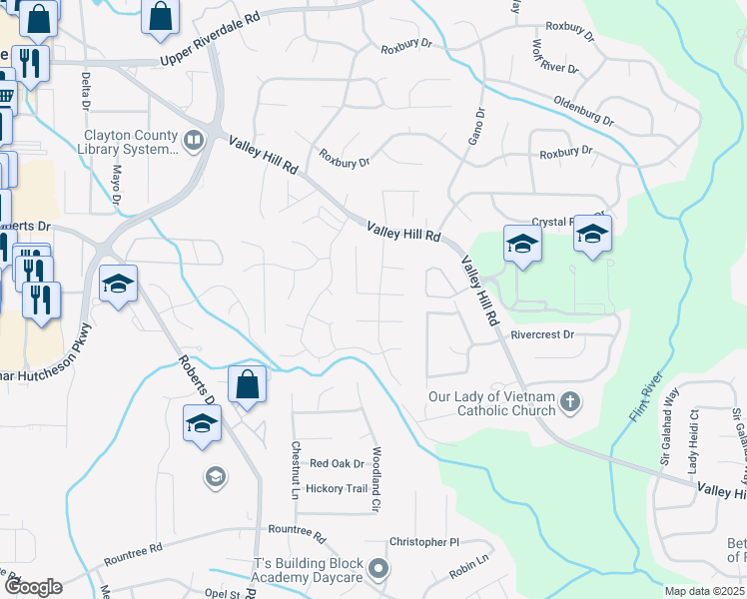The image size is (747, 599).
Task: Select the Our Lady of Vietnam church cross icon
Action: point(570,402)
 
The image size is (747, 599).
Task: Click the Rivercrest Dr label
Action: point(542,335)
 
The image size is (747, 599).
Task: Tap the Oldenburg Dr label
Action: point(584,111)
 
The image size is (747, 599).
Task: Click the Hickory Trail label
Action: point(338,488)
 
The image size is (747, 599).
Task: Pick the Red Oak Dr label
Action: point(337,463)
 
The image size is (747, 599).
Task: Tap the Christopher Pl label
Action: point(423,542)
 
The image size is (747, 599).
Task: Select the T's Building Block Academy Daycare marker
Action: point(377,569)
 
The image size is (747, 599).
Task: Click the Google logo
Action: point(32,586)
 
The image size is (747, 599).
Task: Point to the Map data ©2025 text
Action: point(704,591)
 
